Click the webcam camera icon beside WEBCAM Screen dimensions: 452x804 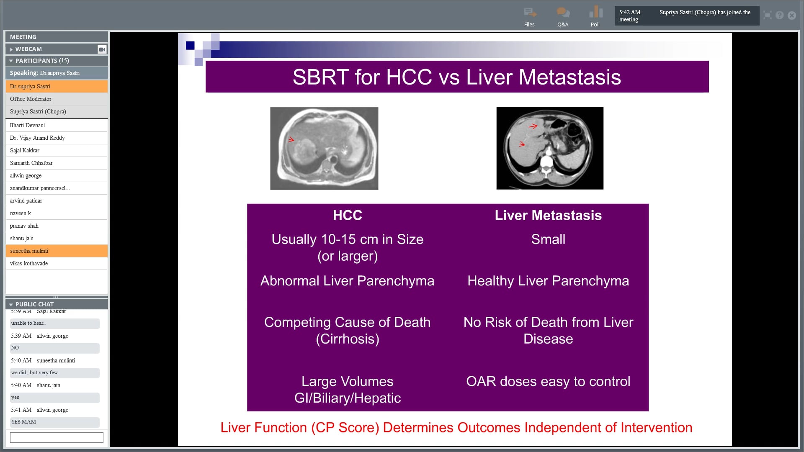click(102, 49)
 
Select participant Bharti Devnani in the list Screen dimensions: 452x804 click(27, 125)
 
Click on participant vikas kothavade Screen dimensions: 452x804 click(29, 263)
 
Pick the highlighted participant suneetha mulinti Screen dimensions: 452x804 click(29, 251)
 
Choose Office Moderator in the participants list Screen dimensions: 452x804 click(31, 99)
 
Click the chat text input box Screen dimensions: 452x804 click(57, 437)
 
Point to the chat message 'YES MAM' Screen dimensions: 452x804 click(24, 422)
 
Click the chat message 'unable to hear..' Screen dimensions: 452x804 click(28, 323)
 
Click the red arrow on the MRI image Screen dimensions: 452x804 click(291, 140)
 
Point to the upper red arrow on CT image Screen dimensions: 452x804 click(533, 126)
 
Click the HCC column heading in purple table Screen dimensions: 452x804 click(347, 215)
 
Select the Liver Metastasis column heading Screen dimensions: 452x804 click(548, 215)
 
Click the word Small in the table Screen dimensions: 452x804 click(548, 239)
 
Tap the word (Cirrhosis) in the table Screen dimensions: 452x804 click(347, 339)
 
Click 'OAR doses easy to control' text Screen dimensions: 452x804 click(548, 382)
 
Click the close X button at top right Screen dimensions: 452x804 click(791, 15)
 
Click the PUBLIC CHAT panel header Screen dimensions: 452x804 click(34, 304)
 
